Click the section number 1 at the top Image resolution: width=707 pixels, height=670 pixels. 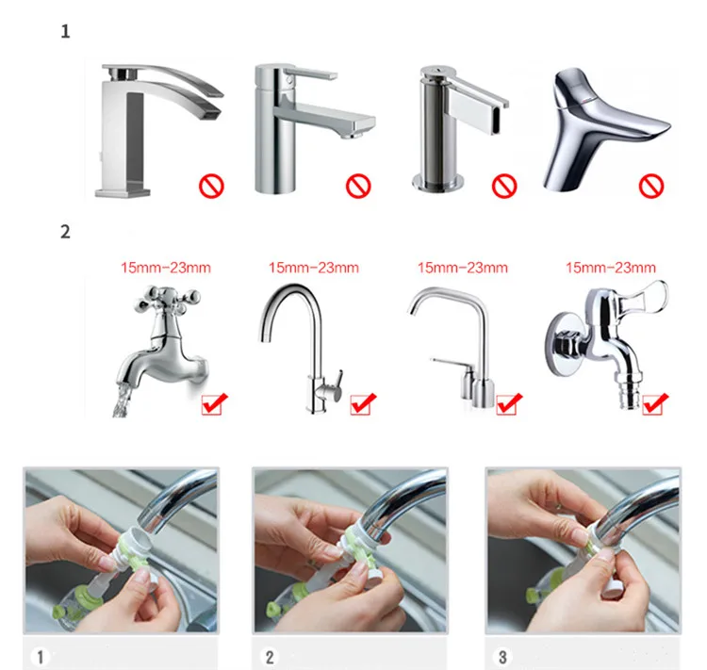coord(65,31)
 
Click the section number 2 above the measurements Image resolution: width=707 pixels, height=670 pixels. coord(65,232)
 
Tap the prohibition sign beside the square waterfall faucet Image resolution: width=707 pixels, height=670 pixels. coord(211,186)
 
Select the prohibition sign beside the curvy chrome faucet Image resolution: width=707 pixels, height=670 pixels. coord(651,186)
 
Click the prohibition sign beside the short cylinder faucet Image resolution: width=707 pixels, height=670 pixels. coord(504,186)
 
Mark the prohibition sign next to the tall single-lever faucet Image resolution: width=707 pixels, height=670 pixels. coord(358,186)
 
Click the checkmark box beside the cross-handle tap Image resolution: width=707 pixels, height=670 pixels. coord(214,403)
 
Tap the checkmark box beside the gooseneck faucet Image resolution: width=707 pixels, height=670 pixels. coord(363,403)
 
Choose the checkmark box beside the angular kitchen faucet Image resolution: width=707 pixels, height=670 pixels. coord(509,403)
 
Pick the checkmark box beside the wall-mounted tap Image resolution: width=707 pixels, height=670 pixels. coord(655,403)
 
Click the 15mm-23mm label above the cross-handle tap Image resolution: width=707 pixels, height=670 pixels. coord(166,268)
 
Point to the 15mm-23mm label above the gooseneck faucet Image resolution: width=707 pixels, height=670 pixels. coord(314,268)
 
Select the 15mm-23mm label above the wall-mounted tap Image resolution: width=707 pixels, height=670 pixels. coord(611,268)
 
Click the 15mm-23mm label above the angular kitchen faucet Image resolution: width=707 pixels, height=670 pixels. coord(463,268)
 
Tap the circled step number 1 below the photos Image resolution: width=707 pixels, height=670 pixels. coord(41,657)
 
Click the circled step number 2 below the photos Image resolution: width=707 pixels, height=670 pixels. coord(270,657)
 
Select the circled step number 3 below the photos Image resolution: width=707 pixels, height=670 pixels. coord(502,657)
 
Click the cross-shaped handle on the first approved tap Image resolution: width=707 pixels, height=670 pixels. coord(167,299)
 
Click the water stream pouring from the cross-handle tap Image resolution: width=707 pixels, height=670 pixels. coord(122,400)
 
